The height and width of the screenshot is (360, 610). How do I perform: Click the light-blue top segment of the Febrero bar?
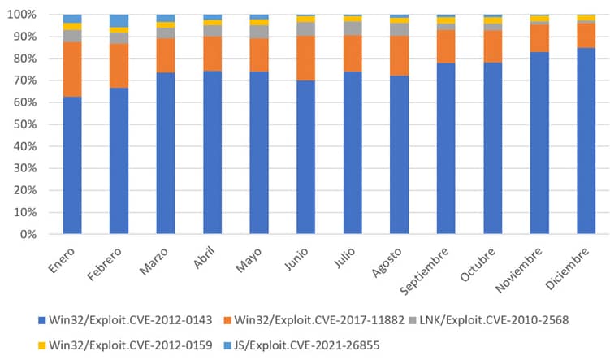pyautogui.click(x=119, y=20)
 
